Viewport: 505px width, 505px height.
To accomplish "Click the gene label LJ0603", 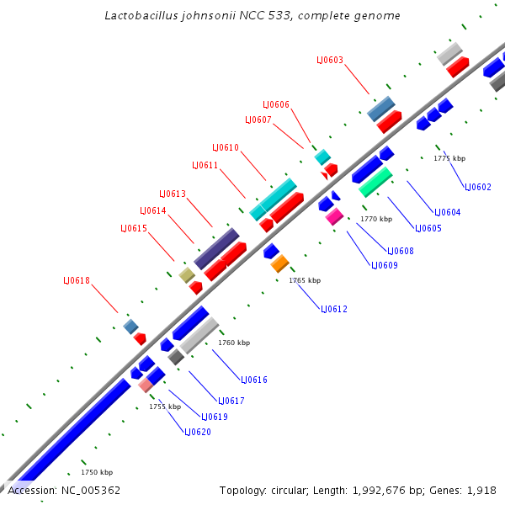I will pyautogui.click(x=330, y=60).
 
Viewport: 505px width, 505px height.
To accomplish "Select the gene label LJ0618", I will pyautogui.click(x=77, y=280).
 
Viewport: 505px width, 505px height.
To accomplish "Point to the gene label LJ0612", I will pyautogui.click(x=334, y=309).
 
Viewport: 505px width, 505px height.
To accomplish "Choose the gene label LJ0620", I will pyautogui.click(x=198, y=432).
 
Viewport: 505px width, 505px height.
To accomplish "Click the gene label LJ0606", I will pyautogui.click(x=276, y=104).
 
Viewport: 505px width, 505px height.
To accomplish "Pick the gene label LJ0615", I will pyautogui.click(x=134, y=228).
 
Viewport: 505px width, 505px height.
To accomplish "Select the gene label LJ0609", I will pyautogui.click(x=385, y=265).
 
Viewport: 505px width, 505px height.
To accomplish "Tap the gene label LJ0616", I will pyautogui.click(x=254, y=380).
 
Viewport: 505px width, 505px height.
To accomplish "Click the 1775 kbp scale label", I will pyautogui.click(x=449, y=158).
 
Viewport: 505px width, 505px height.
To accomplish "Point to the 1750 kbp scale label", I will pyautogui.click(x=97, y=472).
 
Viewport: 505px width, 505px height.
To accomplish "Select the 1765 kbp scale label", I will pyautogui.click(x=305, y=280).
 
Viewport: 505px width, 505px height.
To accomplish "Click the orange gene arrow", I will pyautogui.click(x=280, y=263).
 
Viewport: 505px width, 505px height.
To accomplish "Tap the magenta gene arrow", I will pyautogui.click(x=334, y=216).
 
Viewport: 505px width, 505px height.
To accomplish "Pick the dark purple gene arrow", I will pyautogui.click(x=216, y=247).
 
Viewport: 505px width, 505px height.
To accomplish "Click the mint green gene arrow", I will pyautogui.click(x=375, y=181).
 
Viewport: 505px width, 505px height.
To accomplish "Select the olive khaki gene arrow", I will pyautogui.click(x=187, y=275).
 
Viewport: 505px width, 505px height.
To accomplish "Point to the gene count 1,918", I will pyautogui.click(x=482, y=490).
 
